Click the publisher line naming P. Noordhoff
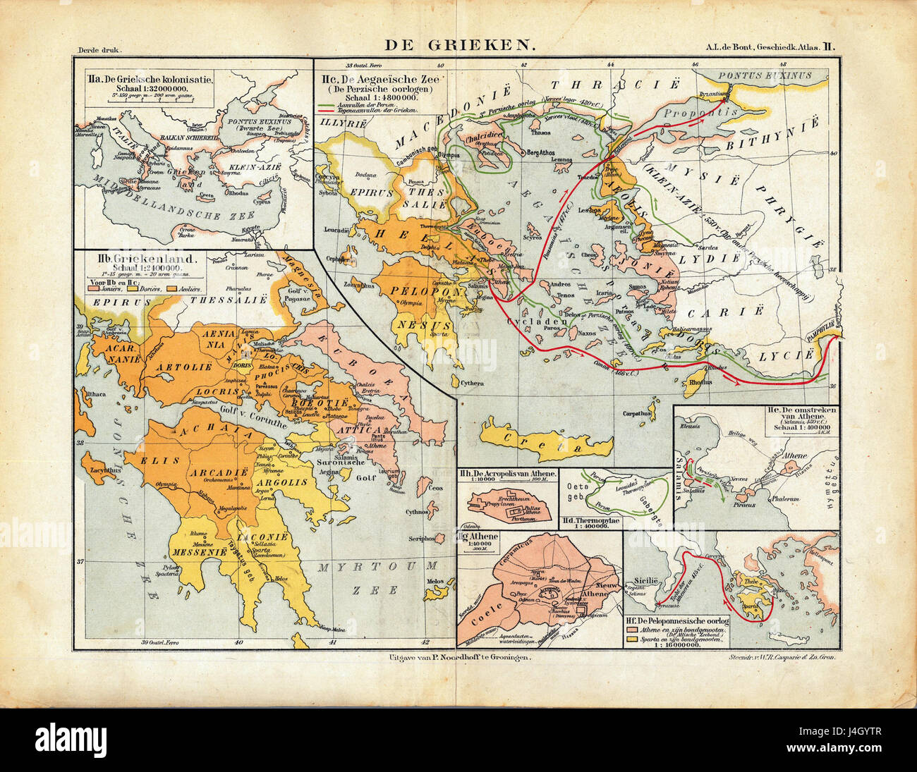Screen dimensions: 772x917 pyautogui.click(x=458, y=656)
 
